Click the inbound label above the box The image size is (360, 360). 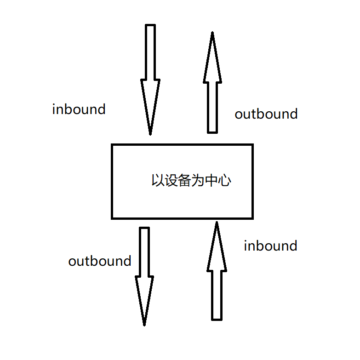click(x=79, y=109)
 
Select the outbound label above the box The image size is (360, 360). click(x=266, y=114)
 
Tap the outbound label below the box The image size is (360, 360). click(x=100, y=261)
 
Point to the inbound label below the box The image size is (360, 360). click(x=270, y=246)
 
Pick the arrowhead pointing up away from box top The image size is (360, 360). click(x=212, y=57)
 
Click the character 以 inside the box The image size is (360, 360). click(x=158, y=180)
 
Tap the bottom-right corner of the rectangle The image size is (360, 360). click(x=252, y=217)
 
